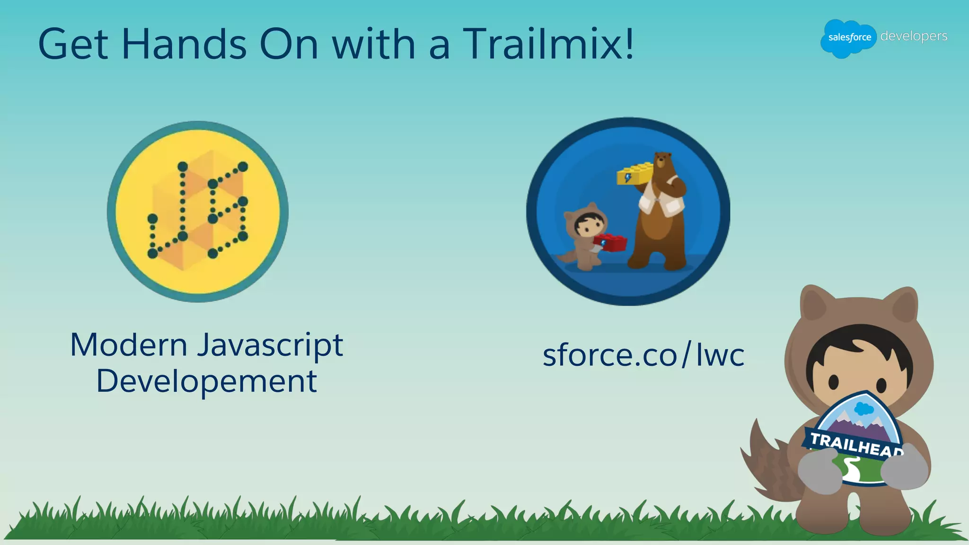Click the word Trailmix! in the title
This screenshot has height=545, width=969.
pos(548,44)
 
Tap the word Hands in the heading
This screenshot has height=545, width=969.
pos(184,44)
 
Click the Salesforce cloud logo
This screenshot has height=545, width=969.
pos(849,38)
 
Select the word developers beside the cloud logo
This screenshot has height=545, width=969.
pos(914,36)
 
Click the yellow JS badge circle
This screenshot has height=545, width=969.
pos(198,211)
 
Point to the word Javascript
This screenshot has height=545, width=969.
pos(270,345)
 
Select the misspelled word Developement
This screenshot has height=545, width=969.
pos(206,381)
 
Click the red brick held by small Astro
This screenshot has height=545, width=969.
pos(611,242)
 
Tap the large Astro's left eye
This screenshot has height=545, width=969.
pos(833,381)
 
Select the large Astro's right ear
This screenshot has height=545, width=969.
pos(904,308)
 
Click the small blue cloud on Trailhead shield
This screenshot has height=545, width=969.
pos(864,408)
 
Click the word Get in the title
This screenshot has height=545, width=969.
pos(73,44)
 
